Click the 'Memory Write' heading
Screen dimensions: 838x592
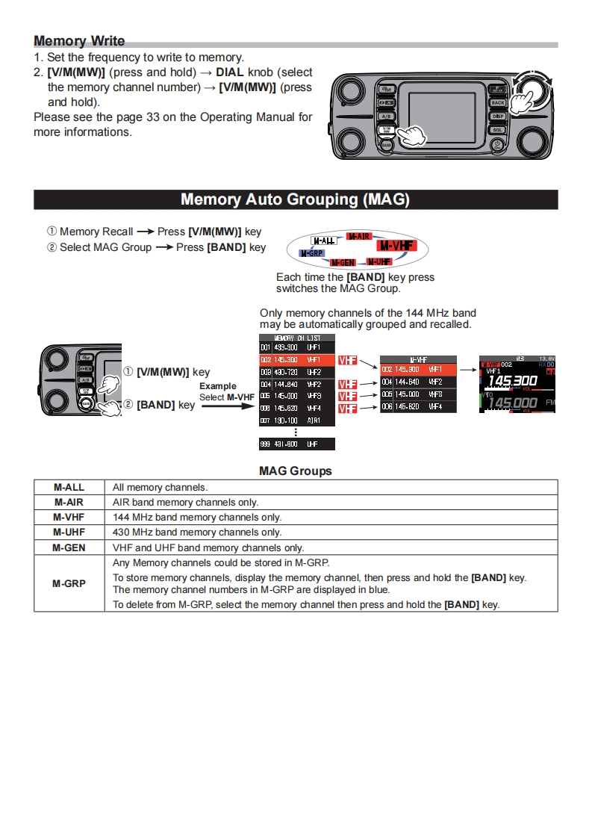pos(79,41)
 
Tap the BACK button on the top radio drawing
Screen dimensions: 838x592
pos(498,102)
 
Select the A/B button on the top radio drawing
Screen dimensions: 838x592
pos(386,116)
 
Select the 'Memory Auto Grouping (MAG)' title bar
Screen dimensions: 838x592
pos(296,199)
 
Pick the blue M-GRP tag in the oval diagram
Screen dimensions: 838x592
pos(311,254)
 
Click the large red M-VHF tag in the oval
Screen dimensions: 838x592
pos(396,246)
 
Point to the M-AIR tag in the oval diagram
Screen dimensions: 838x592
pos(359,237)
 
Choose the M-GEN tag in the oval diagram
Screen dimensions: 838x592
pos(343,263)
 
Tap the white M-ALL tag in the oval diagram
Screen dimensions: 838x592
pos(323,241)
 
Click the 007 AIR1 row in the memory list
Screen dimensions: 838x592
pos(297,420)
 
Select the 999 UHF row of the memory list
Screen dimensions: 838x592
pos(297,444)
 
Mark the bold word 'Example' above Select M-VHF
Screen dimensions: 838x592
pos(217,386)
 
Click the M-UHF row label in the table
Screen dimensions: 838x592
pos(69,533)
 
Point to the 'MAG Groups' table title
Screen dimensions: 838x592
pos(296,471)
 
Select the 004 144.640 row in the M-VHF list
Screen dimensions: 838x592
pos(418,382)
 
